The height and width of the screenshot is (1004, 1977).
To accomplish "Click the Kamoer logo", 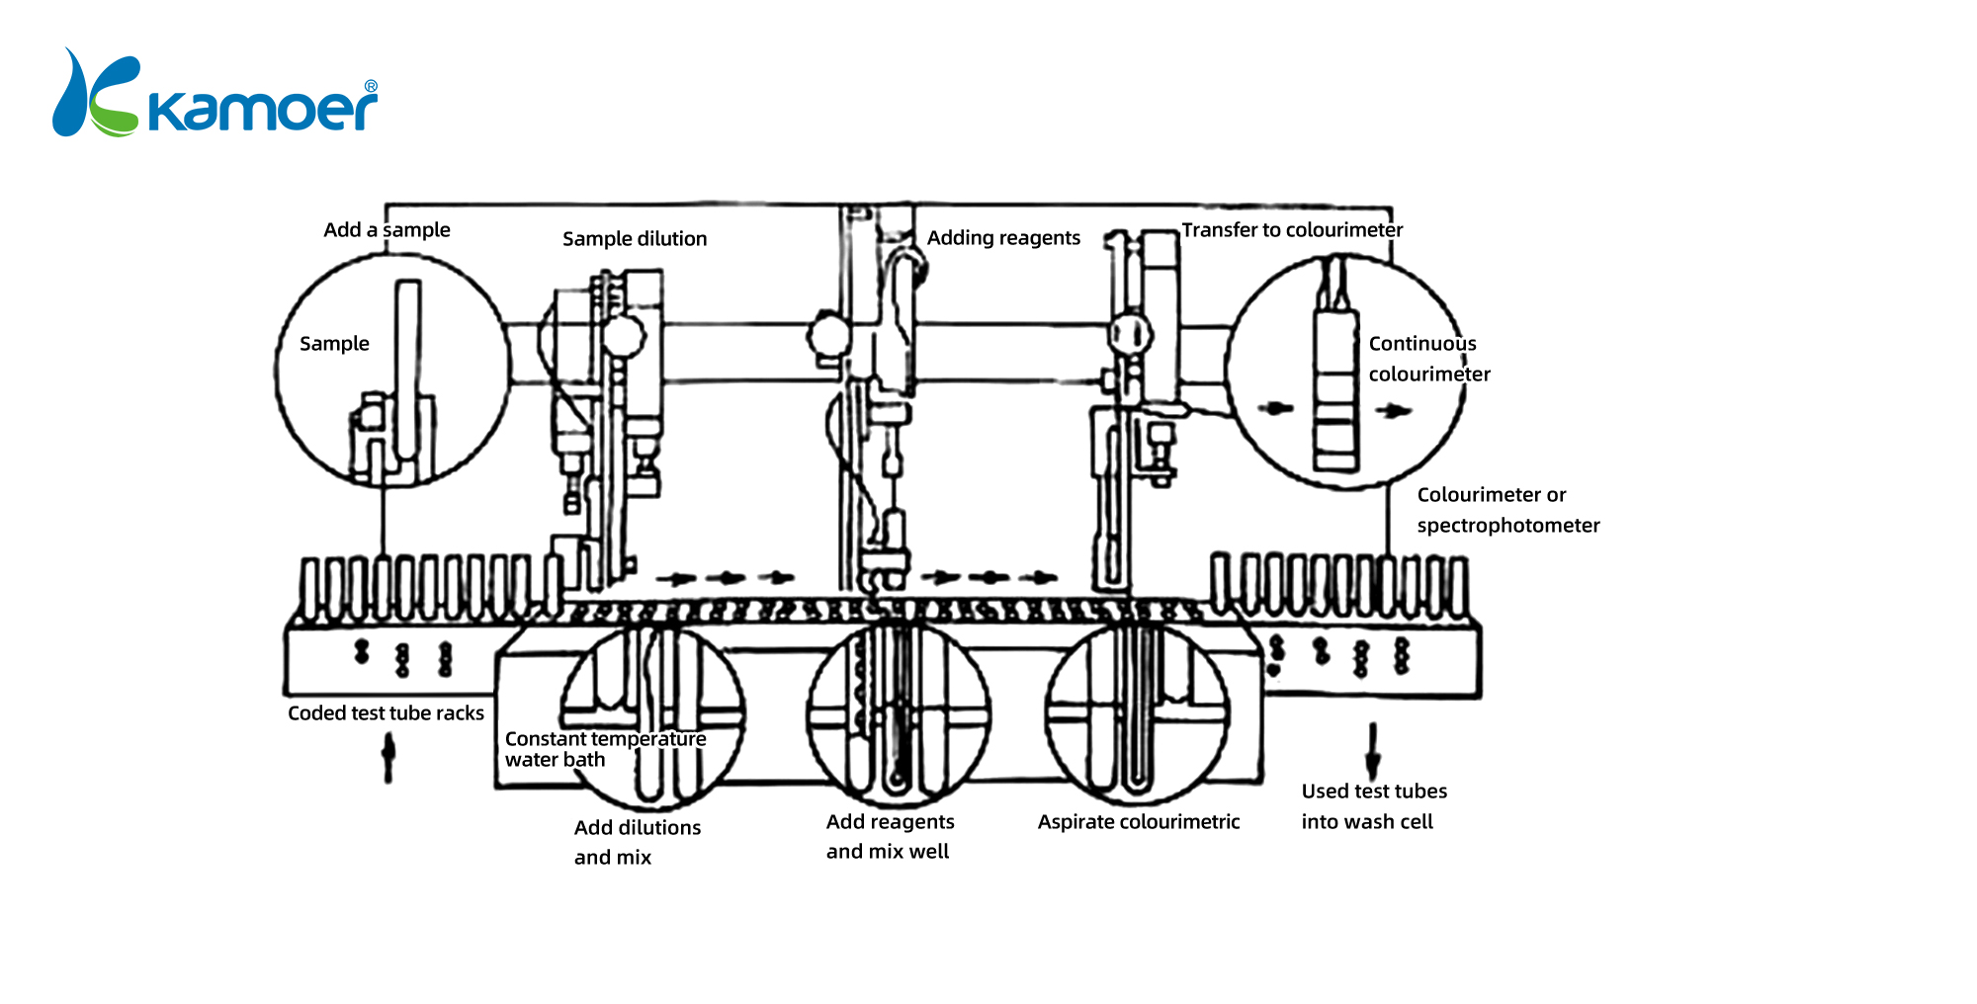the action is (215, 93).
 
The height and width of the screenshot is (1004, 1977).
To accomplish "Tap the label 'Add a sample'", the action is (387, 230).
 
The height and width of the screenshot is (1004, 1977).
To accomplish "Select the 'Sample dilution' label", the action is (635, 239).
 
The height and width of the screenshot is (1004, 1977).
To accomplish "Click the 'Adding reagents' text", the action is (1003, 238).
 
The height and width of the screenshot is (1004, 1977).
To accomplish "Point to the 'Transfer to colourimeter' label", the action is (1292, 230).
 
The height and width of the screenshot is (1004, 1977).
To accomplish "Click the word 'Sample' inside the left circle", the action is (334, 344).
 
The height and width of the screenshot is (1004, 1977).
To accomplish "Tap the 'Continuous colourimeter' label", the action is (1429, 359).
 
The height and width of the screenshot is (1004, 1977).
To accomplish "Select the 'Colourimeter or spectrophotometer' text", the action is (1508, 510).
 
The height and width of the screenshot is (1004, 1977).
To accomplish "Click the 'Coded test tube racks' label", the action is (386, 713).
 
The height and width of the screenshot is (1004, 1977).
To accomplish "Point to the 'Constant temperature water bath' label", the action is (605, 749).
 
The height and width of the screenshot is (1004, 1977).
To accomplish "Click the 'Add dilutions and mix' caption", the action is (638, 842).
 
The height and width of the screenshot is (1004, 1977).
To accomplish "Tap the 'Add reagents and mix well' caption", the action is (890, 836).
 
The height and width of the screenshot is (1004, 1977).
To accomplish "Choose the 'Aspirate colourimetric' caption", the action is (1139, 822).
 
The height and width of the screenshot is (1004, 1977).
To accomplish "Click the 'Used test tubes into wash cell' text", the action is (1374, 806).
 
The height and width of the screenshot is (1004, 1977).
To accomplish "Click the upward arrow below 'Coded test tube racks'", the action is (388, 760).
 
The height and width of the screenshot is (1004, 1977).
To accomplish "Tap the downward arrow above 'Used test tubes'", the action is (1372, 751).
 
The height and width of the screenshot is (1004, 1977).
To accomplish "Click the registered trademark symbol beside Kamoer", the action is (371, 87).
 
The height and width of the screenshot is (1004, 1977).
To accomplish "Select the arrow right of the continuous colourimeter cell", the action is (1394, 410).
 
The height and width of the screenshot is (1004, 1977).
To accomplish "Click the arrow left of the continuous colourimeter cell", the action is (1276, 408).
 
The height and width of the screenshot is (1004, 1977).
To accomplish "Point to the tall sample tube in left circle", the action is (407, 376).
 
